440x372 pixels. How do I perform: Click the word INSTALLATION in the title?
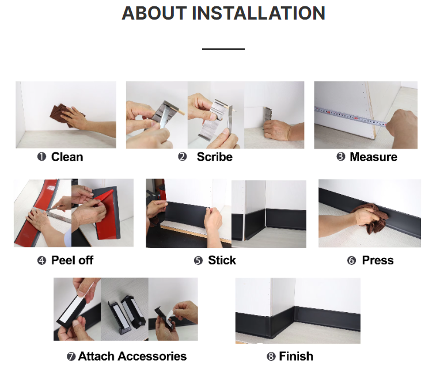259,13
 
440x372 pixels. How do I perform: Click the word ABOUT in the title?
154,13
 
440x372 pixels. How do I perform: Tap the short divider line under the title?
223,49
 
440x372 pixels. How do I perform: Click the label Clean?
67,157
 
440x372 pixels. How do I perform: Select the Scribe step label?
215,157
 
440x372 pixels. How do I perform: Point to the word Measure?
374,157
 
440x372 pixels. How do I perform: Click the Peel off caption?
72,260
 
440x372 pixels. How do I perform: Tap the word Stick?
222,260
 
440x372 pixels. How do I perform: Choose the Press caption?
378,260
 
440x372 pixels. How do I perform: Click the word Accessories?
152,356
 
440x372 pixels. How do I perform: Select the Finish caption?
296,356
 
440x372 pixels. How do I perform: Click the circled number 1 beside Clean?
41,157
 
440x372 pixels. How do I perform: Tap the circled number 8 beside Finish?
271,356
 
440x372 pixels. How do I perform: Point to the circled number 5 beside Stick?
198,261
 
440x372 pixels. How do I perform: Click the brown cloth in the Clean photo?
65,115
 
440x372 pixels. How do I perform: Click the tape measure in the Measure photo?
351,116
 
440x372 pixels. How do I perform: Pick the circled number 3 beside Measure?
341,157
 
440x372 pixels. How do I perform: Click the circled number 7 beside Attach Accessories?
71,357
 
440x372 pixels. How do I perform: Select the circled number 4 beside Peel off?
41,261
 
